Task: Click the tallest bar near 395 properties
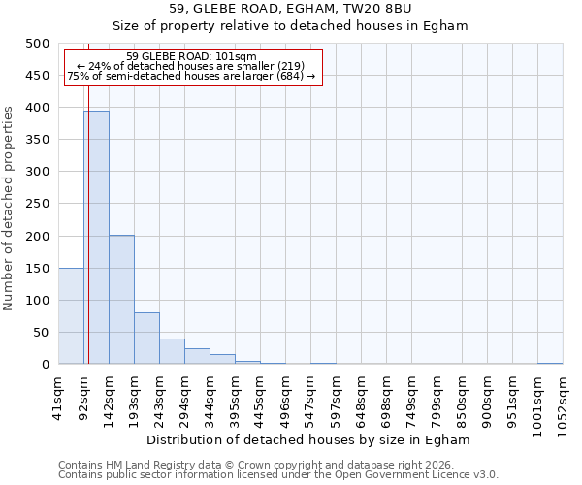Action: coord(96,238)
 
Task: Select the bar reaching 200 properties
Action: coord(121,300)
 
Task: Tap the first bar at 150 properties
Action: coord(71,316)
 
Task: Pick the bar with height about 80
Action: coord(146,339)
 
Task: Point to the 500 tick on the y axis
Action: coord(38,44)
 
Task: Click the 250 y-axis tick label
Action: coord(38,204)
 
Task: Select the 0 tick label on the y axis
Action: coord(45,365)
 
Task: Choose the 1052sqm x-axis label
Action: coord(563,399)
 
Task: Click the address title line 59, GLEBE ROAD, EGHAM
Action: coord(290,9)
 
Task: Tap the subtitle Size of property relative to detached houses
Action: coord(290,26)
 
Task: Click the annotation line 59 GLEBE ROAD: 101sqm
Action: coord(191,57)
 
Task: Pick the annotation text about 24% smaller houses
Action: coord(191,66)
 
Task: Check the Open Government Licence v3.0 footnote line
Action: coord(278,475)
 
